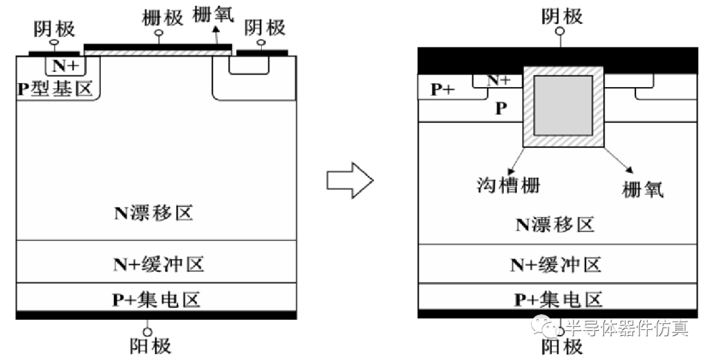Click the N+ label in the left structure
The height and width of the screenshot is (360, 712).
pos(64,65)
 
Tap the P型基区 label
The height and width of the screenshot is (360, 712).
pos(55,88)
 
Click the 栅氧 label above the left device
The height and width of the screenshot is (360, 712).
pos(213,15)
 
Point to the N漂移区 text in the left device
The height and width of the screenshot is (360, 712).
pos(155,214)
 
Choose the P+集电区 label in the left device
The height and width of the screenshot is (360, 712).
pos(156,300)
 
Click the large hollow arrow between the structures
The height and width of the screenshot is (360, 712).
pos(350,180)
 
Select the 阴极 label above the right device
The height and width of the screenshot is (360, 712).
pos(562,15)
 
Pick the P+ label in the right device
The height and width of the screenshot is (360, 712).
pos(443,90)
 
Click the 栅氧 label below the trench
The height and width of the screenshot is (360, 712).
pos(643,190)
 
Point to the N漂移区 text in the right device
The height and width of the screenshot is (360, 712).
pos(555,224)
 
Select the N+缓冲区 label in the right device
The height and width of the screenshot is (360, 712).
pos(556,265)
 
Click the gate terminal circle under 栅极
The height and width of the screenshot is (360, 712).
pos(157,34)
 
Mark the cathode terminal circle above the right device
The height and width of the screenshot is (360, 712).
pos(561,31)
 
